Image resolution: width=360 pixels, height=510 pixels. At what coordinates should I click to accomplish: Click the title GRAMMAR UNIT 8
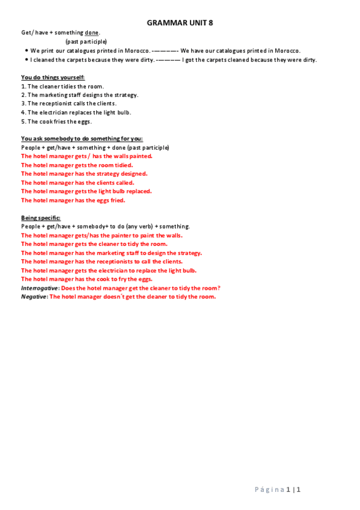tap(180, 23)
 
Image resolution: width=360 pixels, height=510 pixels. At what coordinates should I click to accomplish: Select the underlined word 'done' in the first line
tap(91, 32)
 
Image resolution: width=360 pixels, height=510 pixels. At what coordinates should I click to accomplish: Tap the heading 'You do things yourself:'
tap(53, 78)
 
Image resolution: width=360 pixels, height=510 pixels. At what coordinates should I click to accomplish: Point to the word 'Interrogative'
tap(40, 288)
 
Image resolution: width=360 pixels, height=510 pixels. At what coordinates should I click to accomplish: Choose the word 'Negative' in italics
tap(34, 296)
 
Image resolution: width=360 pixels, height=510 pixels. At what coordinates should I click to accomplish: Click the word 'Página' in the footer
tap(270, 490)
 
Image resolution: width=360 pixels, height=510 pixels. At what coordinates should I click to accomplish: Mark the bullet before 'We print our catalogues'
tap(27, 51)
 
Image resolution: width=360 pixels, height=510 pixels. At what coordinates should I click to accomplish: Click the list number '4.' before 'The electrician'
tap(23, 112)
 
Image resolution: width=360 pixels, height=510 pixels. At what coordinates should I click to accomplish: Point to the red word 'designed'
tap(133, 174)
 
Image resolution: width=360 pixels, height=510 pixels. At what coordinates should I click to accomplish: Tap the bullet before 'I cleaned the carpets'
tap(27, 60)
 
